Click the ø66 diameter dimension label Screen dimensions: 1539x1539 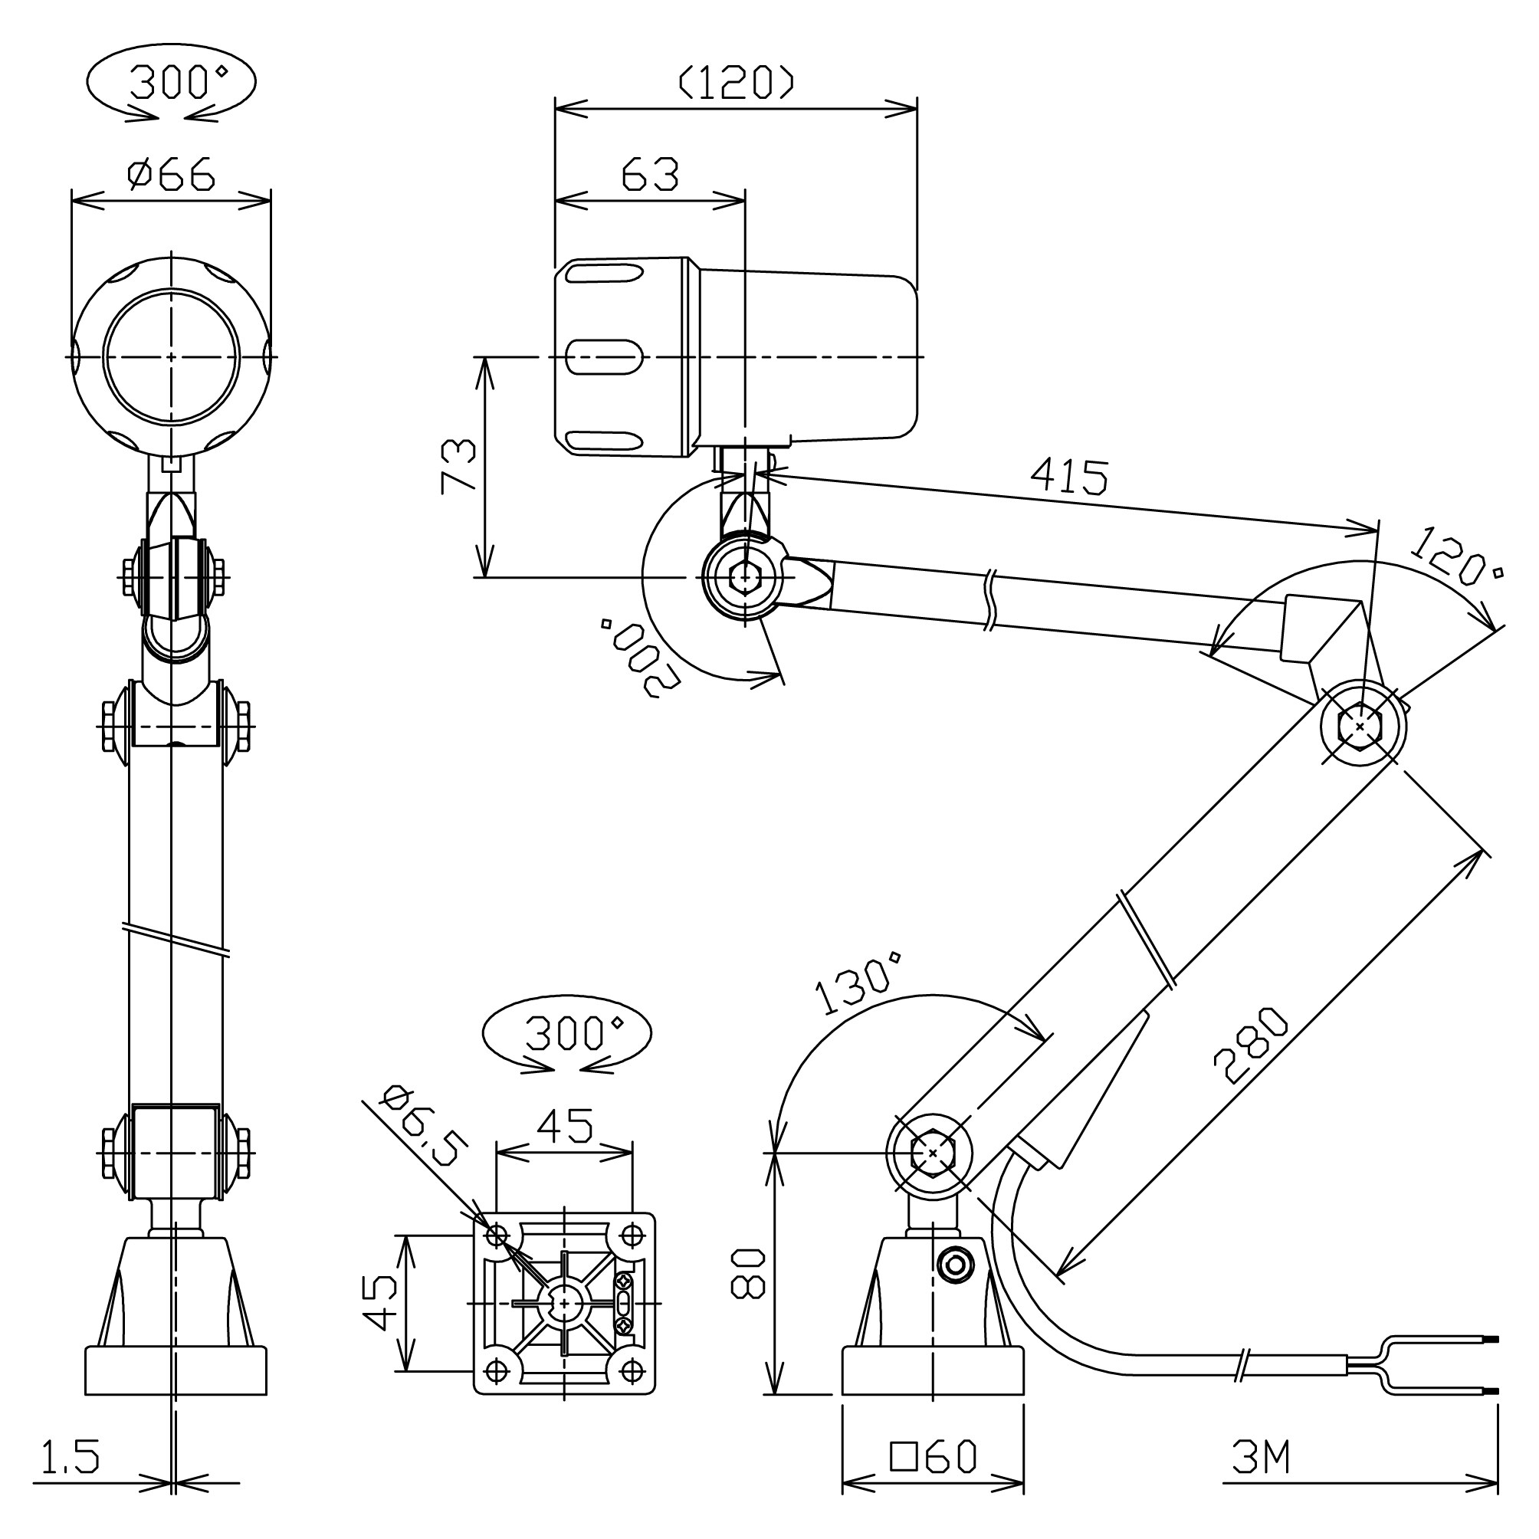tap(171, 174)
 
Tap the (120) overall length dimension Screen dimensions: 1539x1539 tap(736, 82)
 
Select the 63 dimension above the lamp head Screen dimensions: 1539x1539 tap(650, 175)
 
